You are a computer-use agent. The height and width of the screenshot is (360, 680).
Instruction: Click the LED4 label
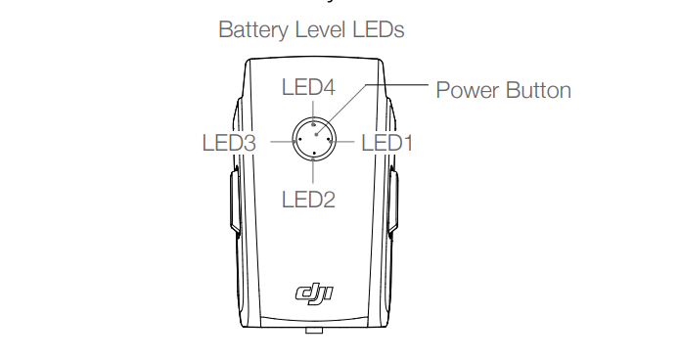[x=308, y=87]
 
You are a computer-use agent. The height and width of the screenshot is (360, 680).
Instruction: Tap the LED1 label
[x=387, y=143]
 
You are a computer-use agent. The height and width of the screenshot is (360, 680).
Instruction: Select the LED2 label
[x=308, y=200]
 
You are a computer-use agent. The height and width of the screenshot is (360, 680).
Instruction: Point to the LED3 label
[x=229, y=143]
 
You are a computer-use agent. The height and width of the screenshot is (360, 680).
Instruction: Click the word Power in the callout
[x=467, y=90]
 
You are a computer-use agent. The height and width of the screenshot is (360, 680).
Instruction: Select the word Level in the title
[x=327, y=30]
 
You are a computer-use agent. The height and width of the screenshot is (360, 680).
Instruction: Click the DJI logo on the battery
[x=312, y=292]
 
